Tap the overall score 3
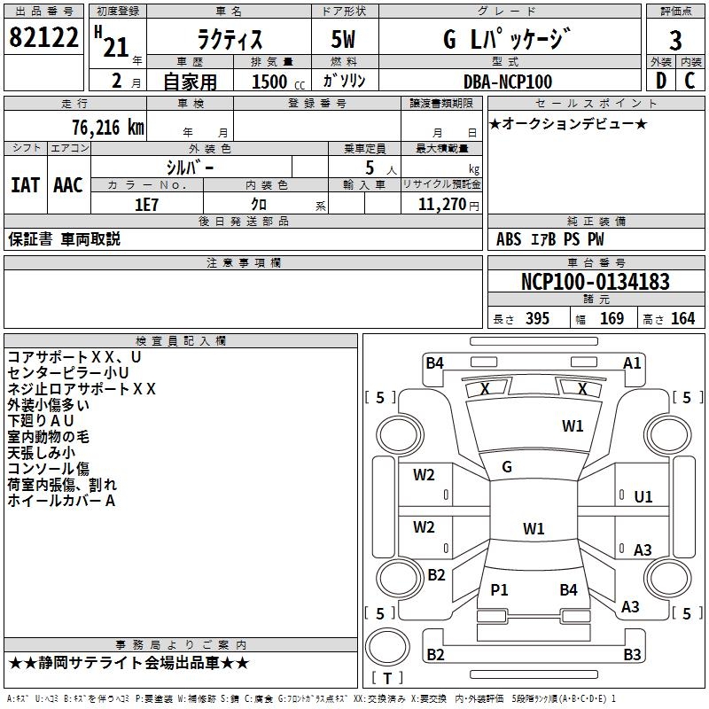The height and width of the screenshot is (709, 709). coord(675,40)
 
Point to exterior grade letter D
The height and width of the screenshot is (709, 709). coord(660,81)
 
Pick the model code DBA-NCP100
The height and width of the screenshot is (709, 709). coord(508,82)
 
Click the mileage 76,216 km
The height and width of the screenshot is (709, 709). coord(107,128)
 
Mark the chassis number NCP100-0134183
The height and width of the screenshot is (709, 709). coord(595,283)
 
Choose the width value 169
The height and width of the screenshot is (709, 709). coord(612,319)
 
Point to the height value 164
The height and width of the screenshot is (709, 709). coord(682,319)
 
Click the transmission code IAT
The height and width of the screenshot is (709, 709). coord(25,184)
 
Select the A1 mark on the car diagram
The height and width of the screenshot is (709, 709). coord(632,362)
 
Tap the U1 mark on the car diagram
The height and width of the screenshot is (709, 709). coord(643,497)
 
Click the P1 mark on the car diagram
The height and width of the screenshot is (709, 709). coord(499,589)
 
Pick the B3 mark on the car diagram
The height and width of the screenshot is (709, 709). coord(632,655)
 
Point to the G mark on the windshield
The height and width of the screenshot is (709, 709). coord(507,467)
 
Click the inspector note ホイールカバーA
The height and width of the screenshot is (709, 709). coord(62,501)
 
